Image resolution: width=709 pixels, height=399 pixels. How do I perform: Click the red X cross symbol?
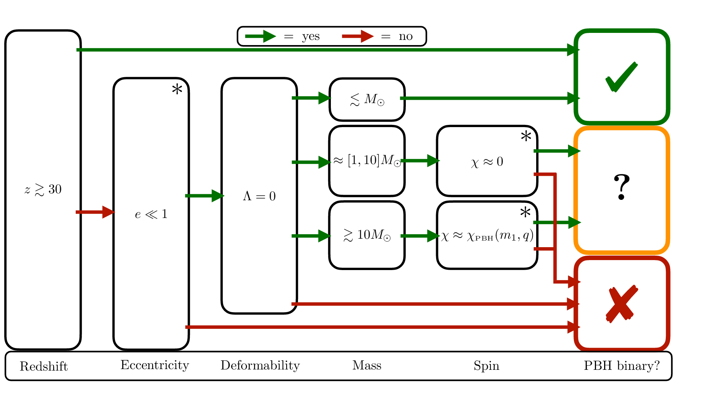point(622,304)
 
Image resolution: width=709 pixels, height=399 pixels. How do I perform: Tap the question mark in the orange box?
point(621,188)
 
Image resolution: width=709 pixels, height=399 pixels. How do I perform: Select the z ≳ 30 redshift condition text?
point(43,190)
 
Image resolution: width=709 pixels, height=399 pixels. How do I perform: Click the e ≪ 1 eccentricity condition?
point(151,214)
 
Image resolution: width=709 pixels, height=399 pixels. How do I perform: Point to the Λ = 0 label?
point(259,196)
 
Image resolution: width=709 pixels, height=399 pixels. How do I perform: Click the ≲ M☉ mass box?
point(367,99)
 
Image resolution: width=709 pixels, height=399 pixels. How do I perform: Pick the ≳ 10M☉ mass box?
point(367,235)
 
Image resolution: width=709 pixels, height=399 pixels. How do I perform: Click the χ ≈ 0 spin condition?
point(487,162)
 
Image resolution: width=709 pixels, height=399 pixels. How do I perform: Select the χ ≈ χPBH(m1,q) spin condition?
point(487,235)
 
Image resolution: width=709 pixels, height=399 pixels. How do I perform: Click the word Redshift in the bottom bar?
point(44,366)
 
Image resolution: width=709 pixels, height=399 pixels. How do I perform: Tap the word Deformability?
point(260,365)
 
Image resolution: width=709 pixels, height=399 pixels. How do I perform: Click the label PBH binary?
point(621,366)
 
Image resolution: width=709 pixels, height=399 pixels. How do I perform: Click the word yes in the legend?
point(311,37)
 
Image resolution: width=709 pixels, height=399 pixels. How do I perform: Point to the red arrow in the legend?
point(357,36)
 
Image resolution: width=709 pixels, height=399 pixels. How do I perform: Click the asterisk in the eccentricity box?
point(177,90)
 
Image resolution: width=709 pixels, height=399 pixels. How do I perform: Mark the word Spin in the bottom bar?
point(486,366)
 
